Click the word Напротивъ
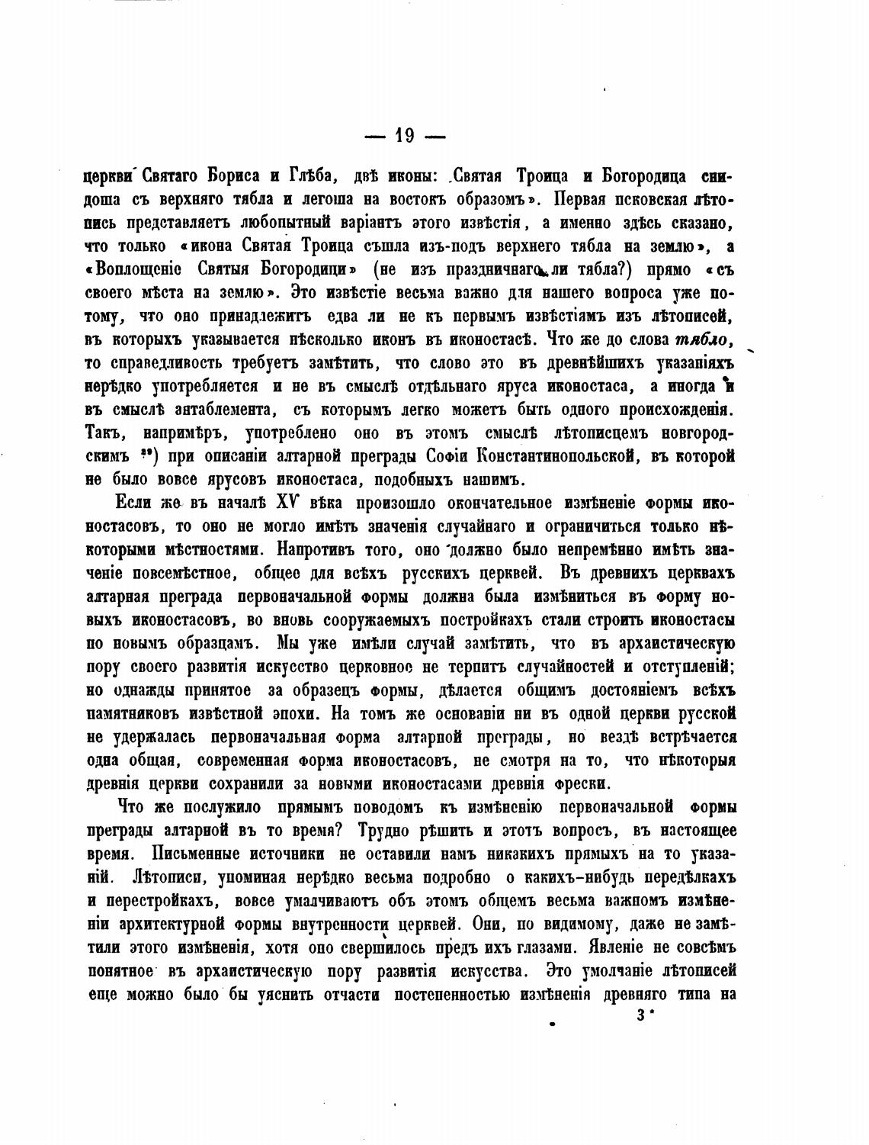(x=314, y=549)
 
